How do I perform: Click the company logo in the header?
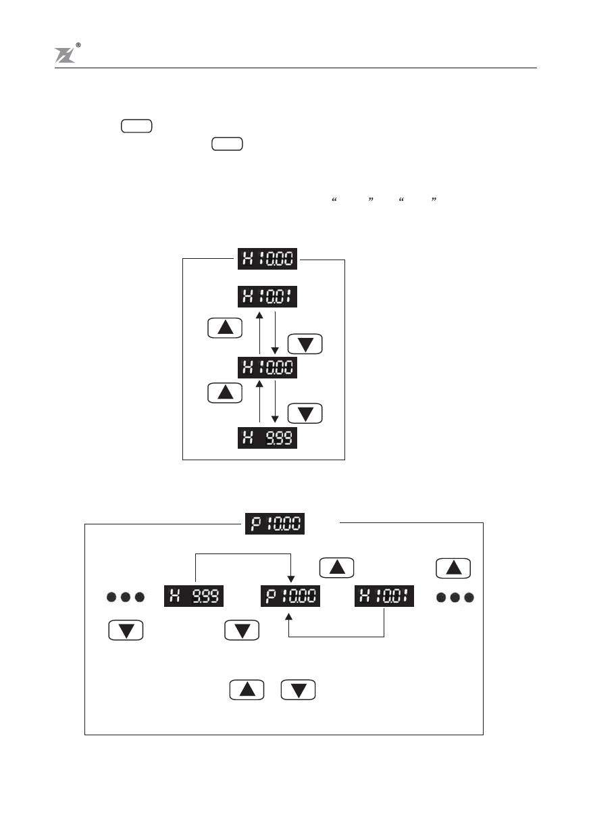pos(64,55)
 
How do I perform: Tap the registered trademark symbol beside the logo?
pos(79,45)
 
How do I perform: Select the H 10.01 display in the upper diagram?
pos(268,297)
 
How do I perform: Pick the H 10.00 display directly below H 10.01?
pos(268,368)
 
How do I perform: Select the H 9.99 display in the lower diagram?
pos(195,597)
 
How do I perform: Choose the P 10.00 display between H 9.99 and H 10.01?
pos(290,597)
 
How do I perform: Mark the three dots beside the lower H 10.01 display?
pos(455,597)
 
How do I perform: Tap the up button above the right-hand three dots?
pos(454,568)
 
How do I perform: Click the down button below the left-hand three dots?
pos(126,631)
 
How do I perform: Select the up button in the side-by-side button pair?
pos(247,689)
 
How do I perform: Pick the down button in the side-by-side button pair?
pos(299,689)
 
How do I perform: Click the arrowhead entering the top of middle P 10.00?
pos(289,579)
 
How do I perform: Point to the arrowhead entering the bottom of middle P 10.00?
pos(289,616)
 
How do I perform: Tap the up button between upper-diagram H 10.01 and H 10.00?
pos(226,328)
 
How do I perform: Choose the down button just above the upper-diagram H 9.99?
pos(305,413)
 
